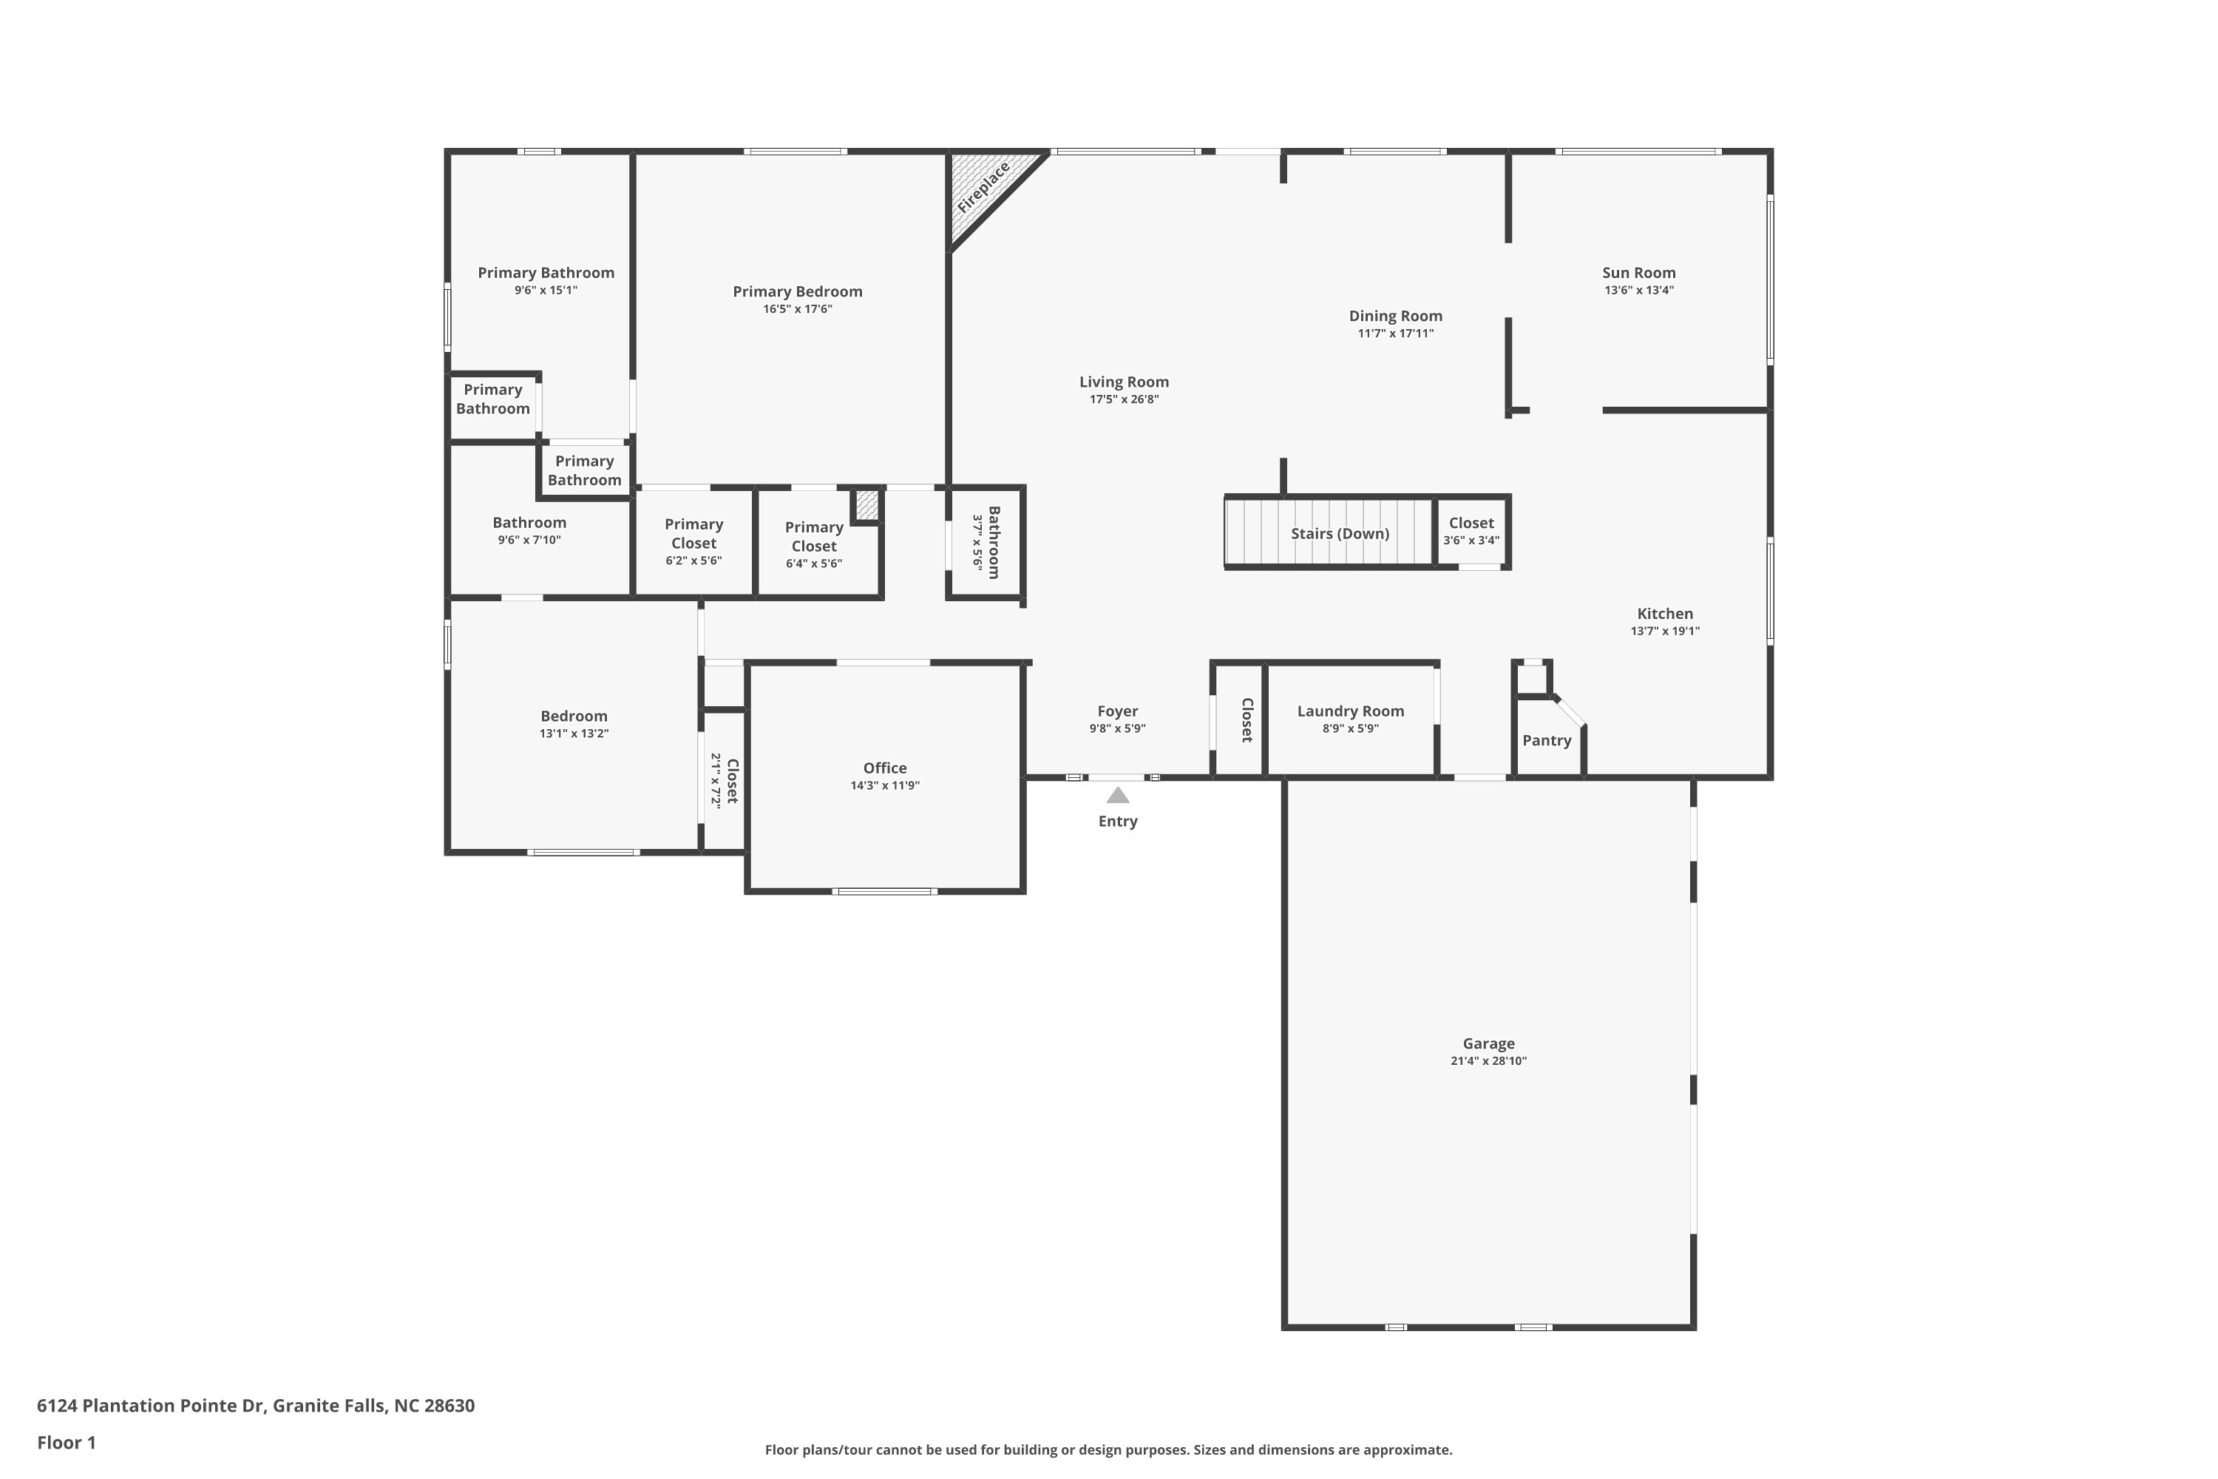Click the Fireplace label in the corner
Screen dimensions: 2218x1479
(983, 187)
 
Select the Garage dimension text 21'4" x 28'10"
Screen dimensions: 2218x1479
(1488, 1061)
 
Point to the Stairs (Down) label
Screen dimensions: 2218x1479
(1340, 534)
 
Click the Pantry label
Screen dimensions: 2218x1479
(1547, 740)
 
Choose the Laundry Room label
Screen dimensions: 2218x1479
(1351, 711)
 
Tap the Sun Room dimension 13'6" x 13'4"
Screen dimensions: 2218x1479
(1639, 291)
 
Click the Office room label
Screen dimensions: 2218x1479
(884, 768)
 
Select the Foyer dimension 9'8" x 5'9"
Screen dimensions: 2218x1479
(1117, 728)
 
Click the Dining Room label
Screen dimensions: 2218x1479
(1396, 316)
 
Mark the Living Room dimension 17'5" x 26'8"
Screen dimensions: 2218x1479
(1124, 400)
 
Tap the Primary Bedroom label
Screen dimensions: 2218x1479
(798, 291)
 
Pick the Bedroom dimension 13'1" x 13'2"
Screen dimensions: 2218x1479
(574, 734)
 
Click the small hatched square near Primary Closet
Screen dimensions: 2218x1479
(866, 504)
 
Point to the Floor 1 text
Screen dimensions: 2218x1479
(66, 1442)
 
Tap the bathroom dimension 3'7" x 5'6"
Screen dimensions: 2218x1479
(979, 544)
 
